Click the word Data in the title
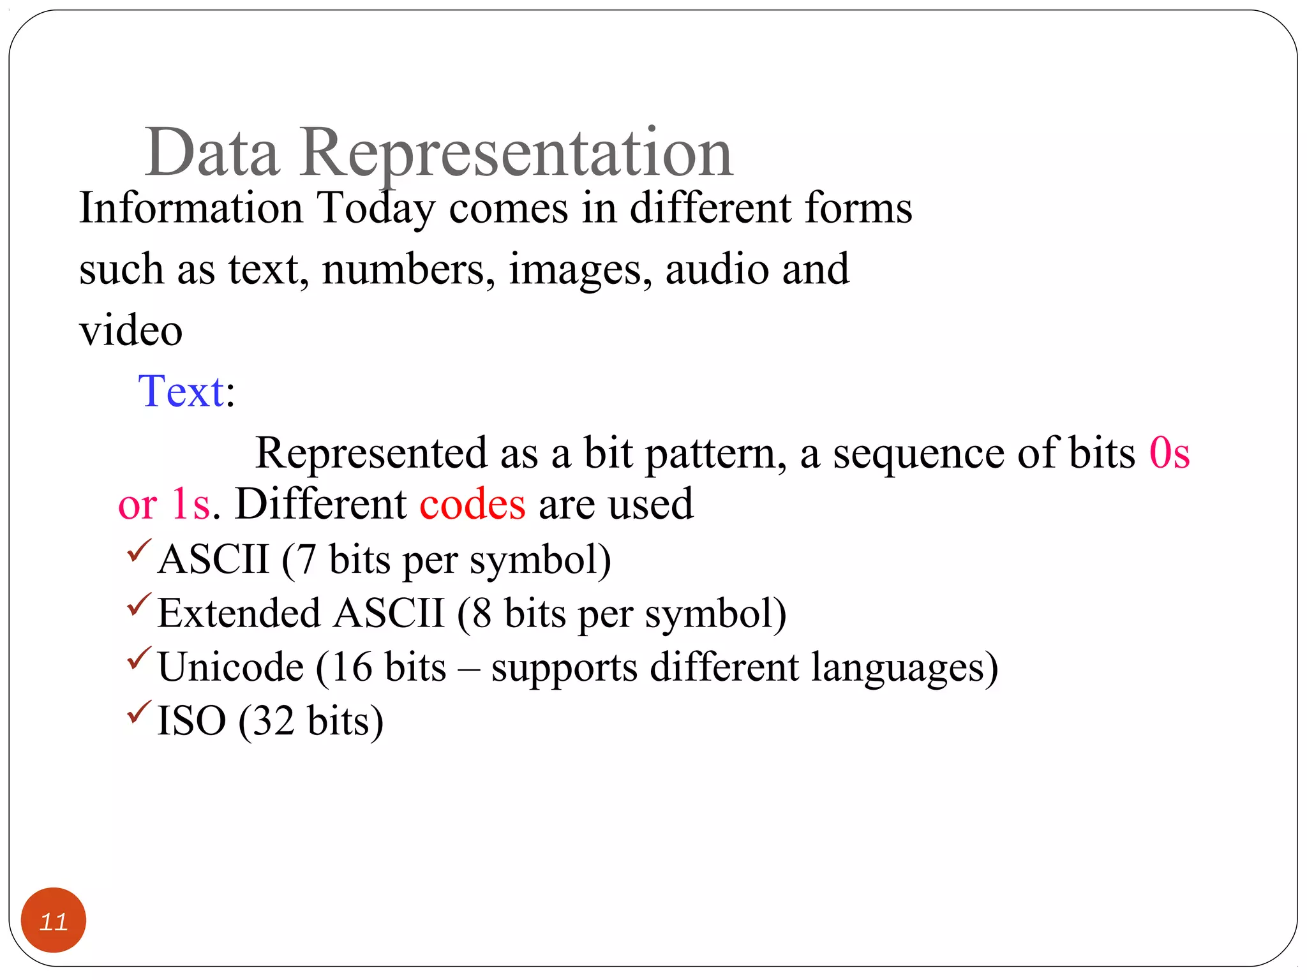point(212,153)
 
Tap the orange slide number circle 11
point(54,920)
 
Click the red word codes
point(472,504)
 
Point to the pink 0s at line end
point(1169,453)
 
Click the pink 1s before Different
point(191,504)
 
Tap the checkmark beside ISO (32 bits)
point(138,712)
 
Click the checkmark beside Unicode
point(138,658)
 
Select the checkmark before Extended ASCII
point(138,605)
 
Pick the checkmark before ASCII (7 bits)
point(138,551)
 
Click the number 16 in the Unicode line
point(351,667)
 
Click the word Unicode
point(230,667)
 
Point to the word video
point(131,330)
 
